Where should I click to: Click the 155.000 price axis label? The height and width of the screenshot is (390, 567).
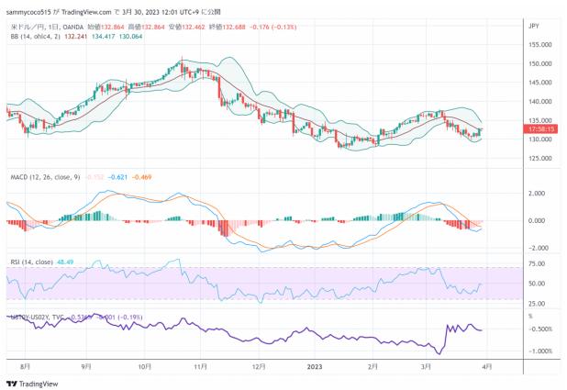[x=539, y=45]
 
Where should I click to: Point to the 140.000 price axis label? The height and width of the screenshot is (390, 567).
[x=539, y=102]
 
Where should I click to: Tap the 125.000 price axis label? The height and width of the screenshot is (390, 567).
[x=539, y=158]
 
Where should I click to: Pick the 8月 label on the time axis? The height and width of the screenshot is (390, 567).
[x=26, y=365]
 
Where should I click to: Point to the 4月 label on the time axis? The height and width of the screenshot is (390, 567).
[x=486, y=365]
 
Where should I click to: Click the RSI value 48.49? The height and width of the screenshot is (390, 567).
[x=64, y=262]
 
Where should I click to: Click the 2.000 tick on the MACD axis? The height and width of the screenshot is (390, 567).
[x=539, y=194]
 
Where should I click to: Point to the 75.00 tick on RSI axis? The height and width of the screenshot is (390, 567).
[x=539, y=263]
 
